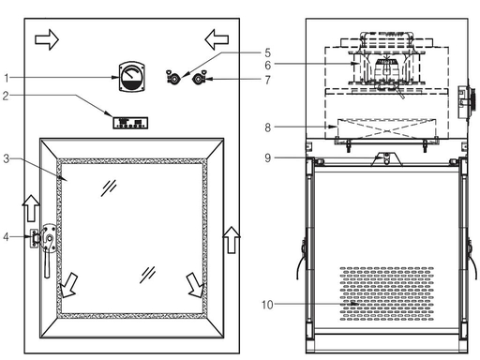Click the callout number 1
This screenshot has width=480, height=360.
click(7, 78)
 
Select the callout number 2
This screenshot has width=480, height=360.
click(6, 96)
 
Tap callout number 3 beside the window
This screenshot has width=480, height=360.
click(7, 158)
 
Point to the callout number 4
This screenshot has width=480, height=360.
click(6, 237)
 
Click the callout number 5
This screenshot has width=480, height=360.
click(267, 52)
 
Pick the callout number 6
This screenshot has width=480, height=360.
click(267, 66)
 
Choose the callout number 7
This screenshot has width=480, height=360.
click(267, 81)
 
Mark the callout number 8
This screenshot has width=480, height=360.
click(267, 127)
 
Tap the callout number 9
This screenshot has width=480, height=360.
click(267, 157)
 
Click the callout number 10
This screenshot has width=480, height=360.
click(267, 305)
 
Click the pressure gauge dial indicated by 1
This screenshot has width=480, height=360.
click(132, 77)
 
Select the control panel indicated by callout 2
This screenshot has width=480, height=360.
click(130, 123)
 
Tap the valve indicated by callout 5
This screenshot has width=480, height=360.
click(172, 78)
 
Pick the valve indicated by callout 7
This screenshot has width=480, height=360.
click(199, 78)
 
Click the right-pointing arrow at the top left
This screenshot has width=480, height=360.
click(47, 39)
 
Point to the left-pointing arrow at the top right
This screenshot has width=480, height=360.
click(217, 39)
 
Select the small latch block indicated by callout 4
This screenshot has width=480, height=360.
click(34, 238)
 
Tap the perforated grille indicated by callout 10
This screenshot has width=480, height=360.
click(387, 293)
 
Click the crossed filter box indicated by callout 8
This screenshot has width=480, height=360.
click(387, 130)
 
